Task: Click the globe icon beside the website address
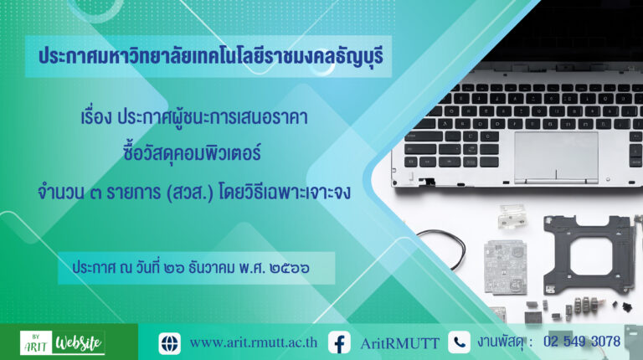click(169, 343)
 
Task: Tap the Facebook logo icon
click(339, 342)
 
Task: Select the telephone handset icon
click(459, 342)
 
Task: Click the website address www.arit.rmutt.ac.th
click(254, 342)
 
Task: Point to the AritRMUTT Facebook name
click(400, 343)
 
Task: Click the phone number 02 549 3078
click(582, 341)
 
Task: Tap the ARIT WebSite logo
click(62, 342)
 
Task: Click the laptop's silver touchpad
click(556, 157)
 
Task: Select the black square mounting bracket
click(586, 254)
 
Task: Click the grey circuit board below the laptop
click(505, 267)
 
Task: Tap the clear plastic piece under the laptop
click(512, 216)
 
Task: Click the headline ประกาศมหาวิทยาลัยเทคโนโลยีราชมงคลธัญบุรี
click(211, 56)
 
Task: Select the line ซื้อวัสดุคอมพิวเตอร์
click(192, 153)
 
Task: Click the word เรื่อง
click(96, 117)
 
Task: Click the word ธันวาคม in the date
click(212, 268)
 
